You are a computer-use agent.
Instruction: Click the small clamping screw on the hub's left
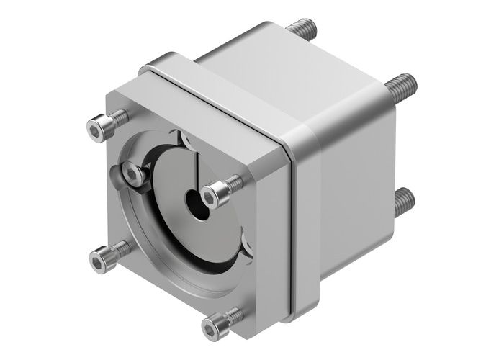coord(131,173)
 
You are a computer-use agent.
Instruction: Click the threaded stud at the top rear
coord(302,30)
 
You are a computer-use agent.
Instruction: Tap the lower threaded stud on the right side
coord(404,202)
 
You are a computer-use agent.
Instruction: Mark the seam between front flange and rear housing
coord(291,216)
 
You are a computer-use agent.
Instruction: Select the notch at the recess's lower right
coord(246,248)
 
